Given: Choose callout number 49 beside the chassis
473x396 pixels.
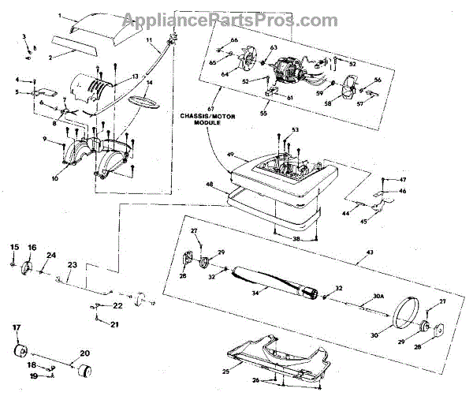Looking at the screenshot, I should pos(232,155).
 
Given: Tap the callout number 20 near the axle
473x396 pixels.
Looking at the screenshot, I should pos(84,353).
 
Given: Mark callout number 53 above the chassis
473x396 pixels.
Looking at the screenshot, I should pos(295,129).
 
